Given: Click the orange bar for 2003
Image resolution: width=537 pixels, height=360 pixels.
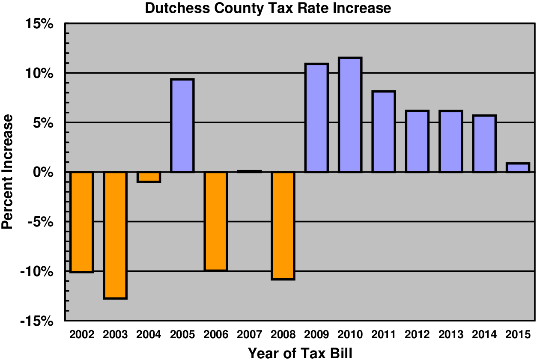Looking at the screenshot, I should [x=115, y=235].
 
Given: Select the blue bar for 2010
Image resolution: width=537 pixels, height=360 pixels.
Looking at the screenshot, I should [x=350, y=115].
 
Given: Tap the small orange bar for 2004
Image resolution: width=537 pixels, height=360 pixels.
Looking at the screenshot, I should [x=149, y=177].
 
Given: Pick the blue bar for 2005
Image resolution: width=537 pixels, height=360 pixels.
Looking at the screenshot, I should [x=182, y=126].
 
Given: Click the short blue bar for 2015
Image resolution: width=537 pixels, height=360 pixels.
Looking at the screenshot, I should [x=518, y=168].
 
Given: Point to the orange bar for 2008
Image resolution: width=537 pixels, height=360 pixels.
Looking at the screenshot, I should [x=283, y=226].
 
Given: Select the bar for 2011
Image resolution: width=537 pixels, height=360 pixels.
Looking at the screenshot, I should [x=384, y=132].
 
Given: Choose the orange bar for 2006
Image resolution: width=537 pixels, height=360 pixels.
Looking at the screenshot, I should [x=216, y=221].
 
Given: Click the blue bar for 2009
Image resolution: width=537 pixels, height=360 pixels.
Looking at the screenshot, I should [x=316, y=118].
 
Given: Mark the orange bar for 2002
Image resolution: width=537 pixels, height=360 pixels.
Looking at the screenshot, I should [x=82, y=222].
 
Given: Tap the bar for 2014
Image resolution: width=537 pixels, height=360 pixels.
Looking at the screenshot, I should [x=484, y=144].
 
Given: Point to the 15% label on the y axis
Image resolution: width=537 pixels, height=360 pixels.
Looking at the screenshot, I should [x=38, y=24].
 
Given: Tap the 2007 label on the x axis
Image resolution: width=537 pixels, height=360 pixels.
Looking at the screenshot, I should [x=249, y=334].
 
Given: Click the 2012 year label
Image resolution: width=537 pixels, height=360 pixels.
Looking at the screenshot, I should [x=417, y=334].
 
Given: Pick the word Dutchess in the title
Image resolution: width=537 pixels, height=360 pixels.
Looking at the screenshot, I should [x=174, y=8].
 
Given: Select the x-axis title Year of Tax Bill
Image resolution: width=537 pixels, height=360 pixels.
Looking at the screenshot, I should [x=300, y=353].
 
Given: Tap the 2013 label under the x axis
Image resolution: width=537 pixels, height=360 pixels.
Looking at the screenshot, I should [x=450, y=334].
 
